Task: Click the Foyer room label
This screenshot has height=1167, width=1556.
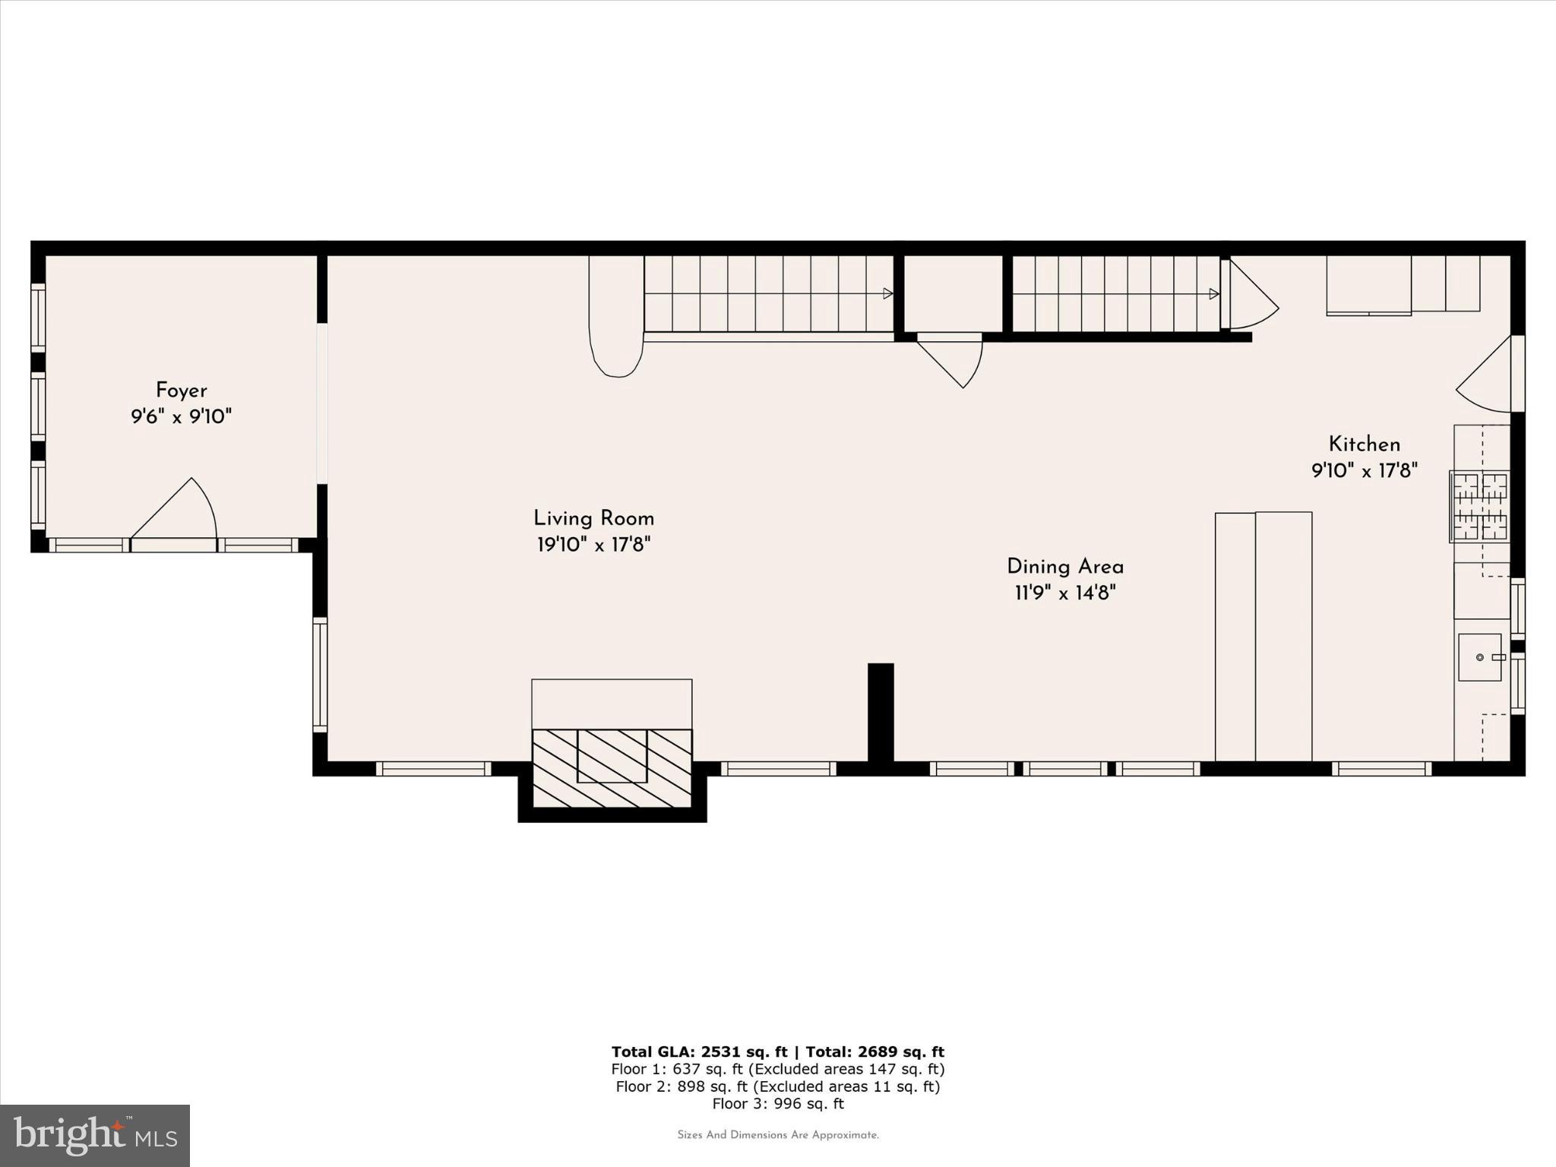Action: click(181, 391)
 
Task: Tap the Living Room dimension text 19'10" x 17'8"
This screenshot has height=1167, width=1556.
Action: click(593, 545)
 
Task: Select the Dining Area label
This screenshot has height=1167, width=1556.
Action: click(1064, 567)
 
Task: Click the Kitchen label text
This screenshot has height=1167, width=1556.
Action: click(1364, 444)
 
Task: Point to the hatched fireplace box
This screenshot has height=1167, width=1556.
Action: click(612, 767)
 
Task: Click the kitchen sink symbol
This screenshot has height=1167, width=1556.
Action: click(1479, 657)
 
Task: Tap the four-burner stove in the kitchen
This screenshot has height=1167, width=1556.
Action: click(1479, 507)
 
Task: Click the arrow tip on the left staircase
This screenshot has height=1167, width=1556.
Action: click(887, 293)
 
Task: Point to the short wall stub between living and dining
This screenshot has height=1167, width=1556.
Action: click(881, 712)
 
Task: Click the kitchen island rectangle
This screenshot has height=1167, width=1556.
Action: click(1263, 636)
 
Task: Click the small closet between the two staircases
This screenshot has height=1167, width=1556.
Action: click(954, 293)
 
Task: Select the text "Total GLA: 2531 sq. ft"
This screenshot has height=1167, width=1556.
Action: click(699, 1052)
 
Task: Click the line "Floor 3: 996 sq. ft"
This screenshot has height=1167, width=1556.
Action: click(777, 1104)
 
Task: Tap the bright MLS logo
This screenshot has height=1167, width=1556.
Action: click(95, 1135)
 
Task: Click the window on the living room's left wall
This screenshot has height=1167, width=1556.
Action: click(320, 675)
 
